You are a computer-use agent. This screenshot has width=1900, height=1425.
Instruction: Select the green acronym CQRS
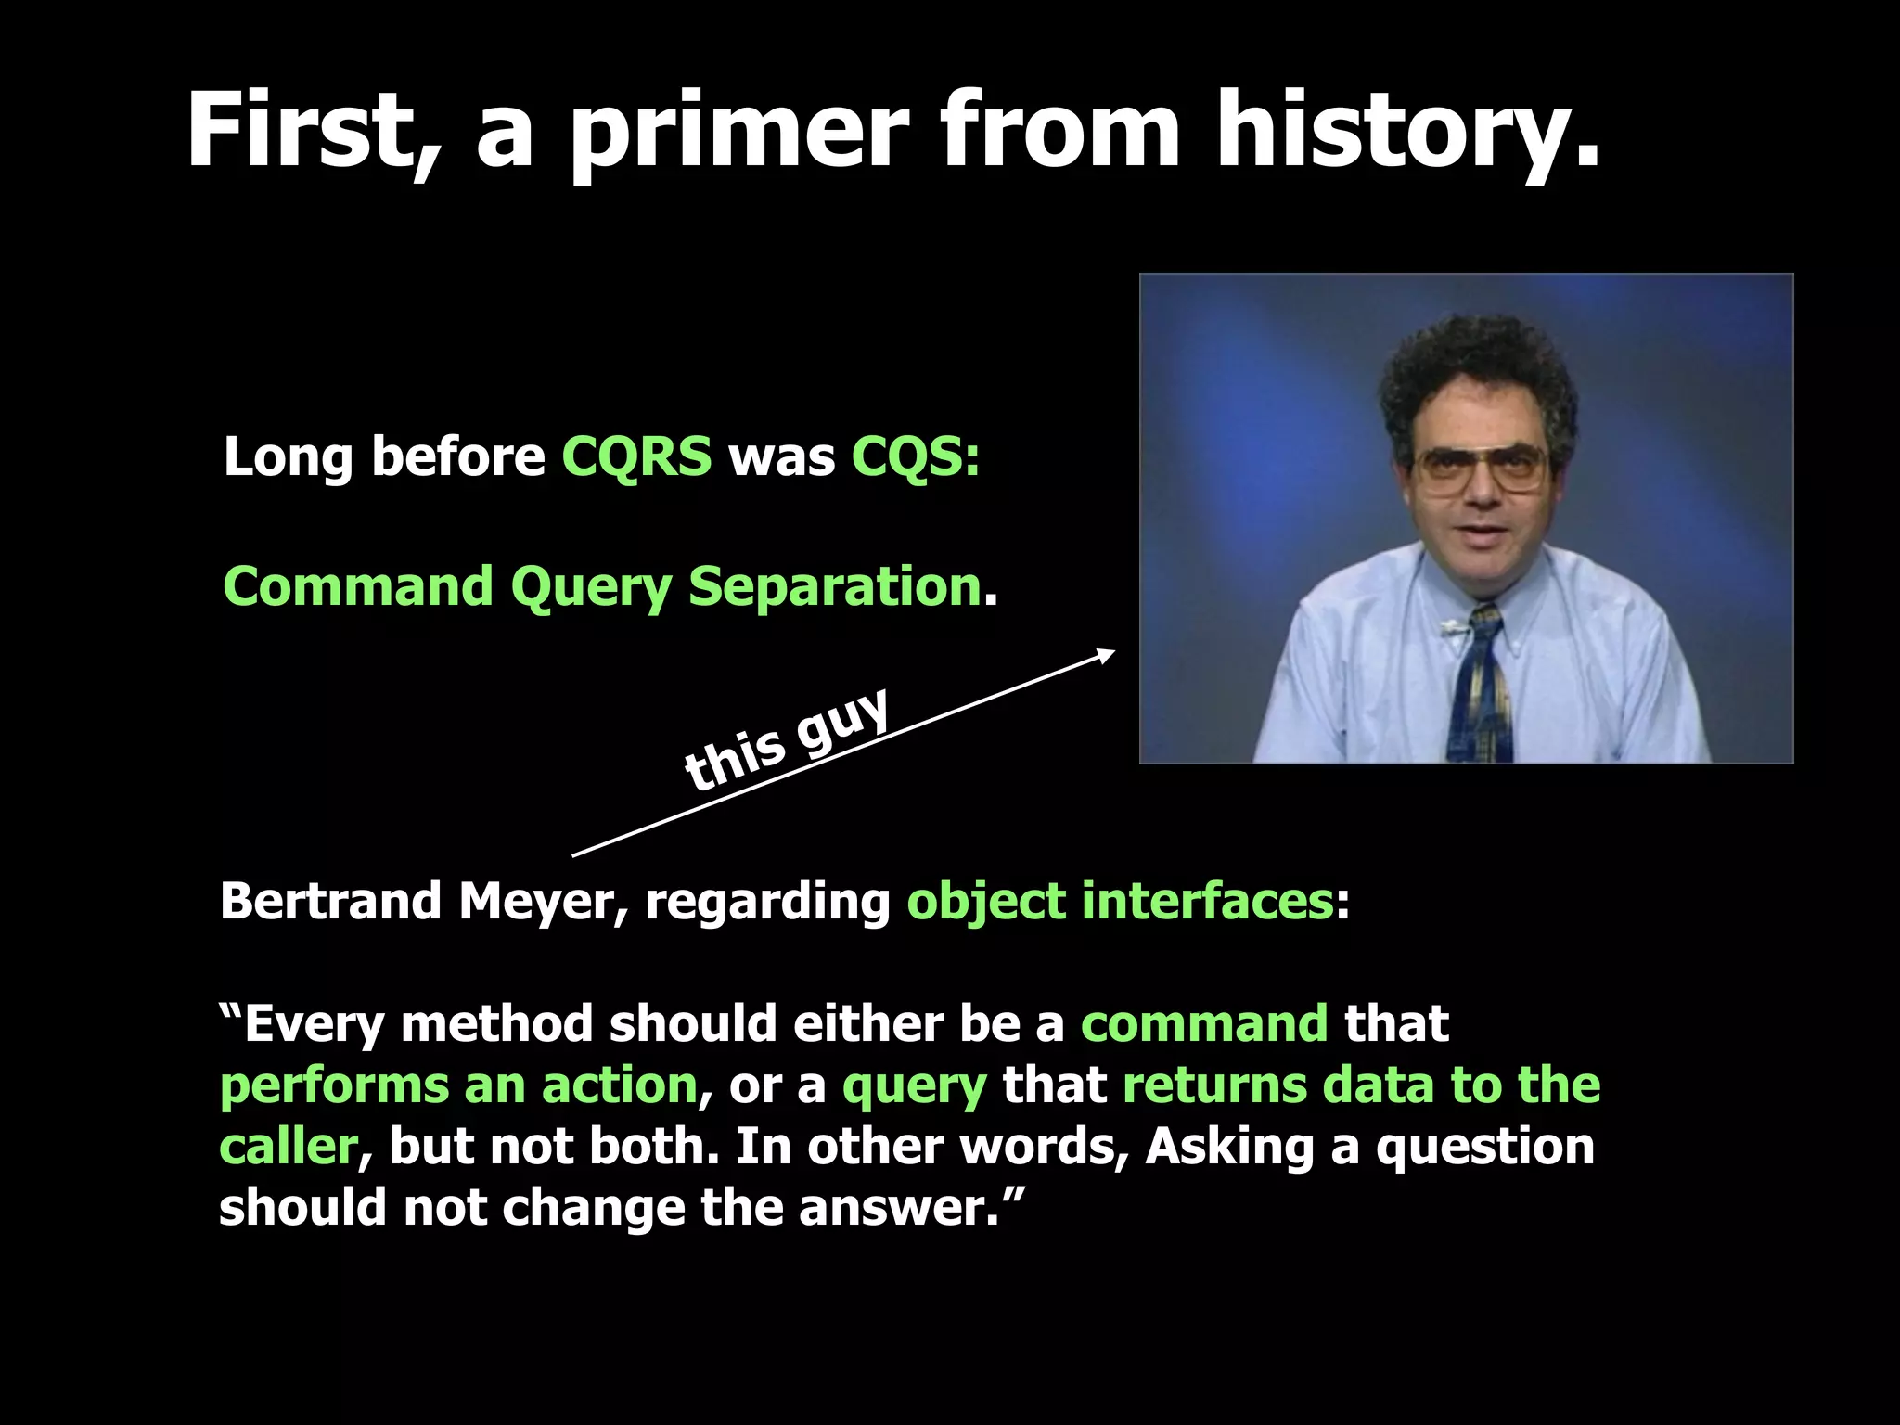(636, 456)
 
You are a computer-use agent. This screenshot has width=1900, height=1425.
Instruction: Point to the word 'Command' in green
(358, 586)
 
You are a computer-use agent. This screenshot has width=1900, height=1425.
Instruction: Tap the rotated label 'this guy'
(787, 739)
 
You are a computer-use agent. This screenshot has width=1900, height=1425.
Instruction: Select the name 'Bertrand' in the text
(330, 901)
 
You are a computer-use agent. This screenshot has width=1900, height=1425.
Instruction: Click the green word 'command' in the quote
(1204, 1024)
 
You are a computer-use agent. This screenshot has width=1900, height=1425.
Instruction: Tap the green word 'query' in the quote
(914, 1086)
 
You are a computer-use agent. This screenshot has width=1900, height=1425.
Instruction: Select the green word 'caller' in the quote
(288, 1147)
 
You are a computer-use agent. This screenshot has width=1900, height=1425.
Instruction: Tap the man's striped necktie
(1481, 687)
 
